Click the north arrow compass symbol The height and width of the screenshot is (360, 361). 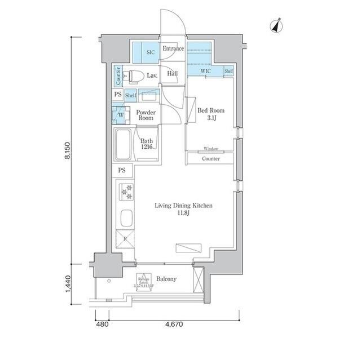276,26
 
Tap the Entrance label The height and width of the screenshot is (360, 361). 173,49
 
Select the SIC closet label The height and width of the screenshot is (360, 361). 150,52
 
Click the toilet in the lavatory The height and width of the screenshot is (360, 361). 134,75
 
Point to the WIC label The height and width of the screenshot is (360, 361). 205,72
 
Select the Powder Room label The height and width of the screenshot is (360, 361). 146,115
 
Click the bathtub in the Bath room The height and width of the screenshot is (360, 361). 124,145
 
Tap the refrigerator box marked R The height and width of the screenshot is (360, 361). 125,239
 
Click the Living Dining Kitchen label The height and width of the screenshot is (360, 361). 184,210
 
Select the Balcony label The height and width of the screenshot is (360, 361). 166,279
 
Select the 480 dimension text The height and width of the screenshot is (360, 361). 102,325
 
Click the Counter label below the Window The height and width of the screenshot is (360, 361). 210,159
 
